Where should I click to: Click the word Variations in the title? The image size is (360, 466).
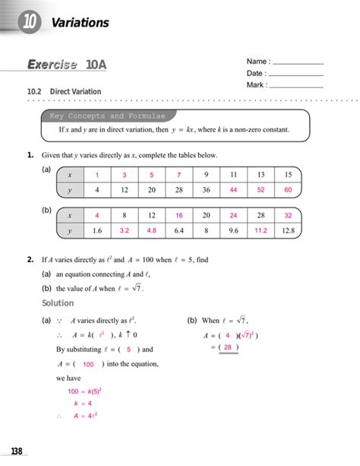pyautogui.click(x=81, y=23)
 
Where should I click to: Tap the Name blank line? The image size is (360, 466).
pyautogui.click(x=297, y=62)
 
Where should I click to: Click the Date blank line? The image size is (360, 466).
pyautogui.click(x=296, y=74)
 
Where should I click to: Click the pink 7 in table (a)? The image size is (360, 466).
pyautogui.click(x=178, y=175)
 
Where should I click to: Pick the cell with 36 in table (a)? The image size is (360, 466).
pyautogui.click(x=206, y=190)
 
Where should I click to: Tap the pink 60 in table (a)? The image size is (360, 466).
pyautogui.click(x=288, y=190)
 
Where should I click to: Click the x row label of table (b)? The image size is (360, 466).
pyautogui.click(x=70, y=215)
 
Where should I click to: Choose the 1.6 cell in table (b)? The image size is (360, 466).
pyautogui.click(x=97, y=230)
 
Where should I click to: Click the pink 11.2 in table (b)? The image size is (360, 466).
pyautogui.click(x=261, y=230)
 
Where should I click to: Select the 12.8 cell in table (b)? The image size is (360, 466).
pyautogui.click(x=288, y=230)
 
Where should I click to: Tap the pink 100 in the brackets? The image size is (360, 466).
pyautogui.click(x=88, y=364)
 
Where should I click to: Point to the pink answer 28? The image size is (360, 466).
pyautogui.click(x=227, y=348)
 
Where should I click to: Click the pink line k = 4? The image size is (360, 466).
pyautogui.click(x=82, y=404)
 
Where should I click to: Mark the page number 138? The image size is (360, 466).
pyautogui.click(x=16, y=452)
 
